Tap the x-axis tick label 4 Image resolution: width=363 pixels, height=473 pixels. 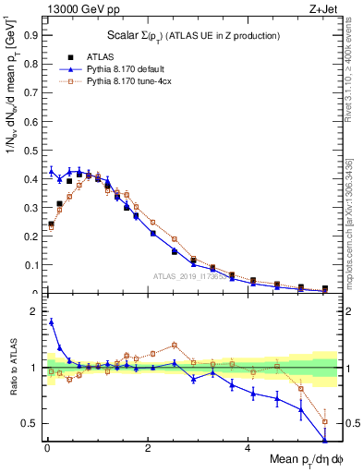coord(248,447)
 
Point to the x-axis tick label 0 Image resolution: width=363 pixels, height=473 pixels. coord(47,447)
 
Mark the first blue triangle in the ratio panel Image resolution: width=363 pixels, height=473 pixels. coord(51,321)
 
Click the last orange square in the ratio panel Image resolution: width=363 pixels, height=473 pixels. coord(324,421)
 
